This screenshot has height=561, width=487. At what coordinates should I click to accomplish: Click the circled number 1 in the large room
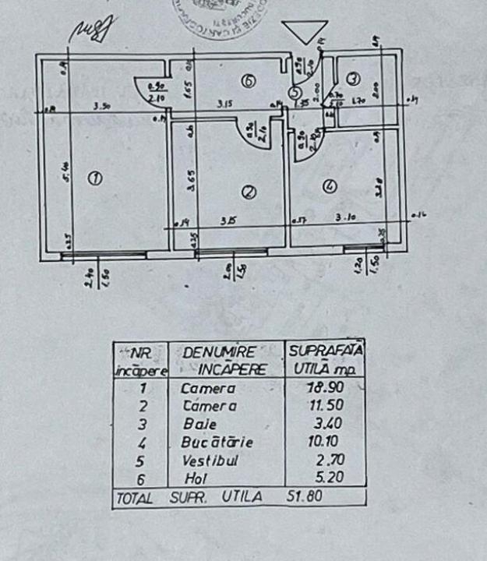[95, 179]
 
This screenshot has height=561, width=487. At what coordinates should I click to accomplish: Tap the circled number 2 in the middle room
[248, 192]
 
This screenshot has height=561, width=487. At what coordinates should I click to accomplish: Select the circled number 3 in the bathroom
[353, 79]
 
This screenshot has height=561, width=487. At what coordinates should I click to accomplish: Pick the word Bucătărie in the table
[206, 442]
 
